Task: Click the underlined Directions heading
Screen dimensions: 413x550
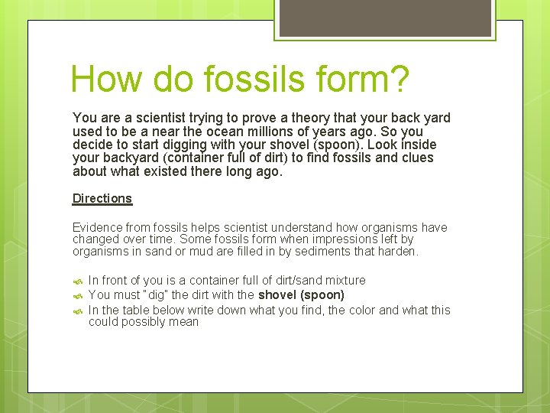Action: click(x=102, y=198)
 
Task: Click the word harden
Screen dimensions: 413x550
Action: click(x=399, y=251)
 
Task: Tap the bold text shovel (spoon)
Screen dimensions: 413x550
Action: click(x=301, y=294)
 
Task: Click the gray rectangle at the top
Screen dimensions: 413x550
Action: click(x=384, y=18)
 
